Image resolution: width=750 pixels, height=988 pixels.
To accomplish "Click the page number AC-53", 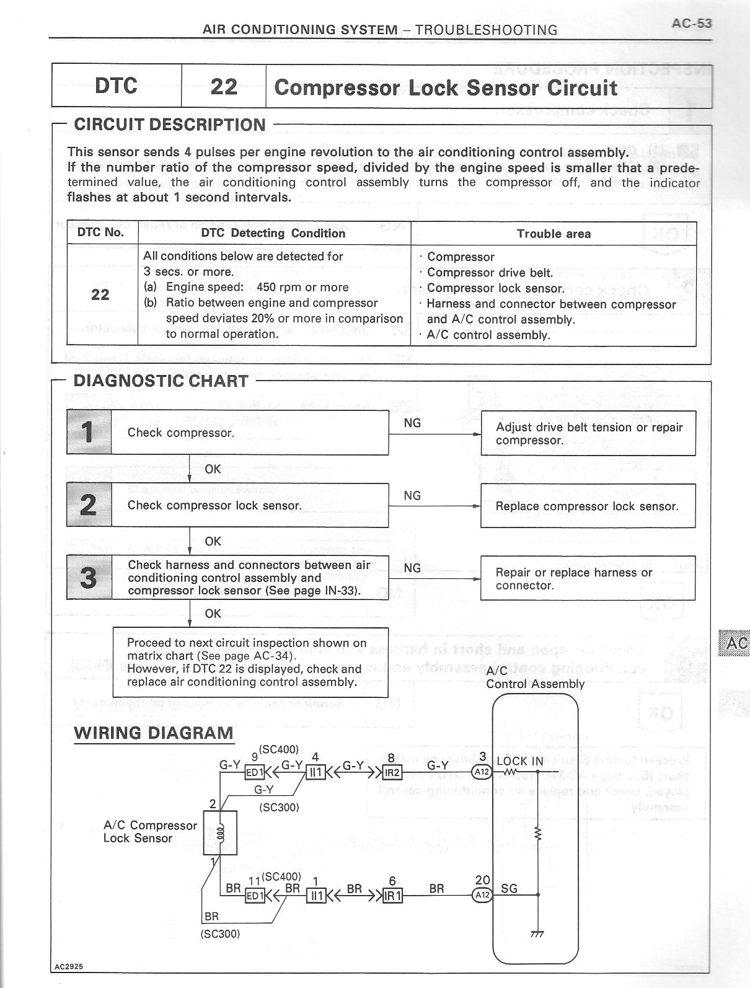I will (x=691, y=24).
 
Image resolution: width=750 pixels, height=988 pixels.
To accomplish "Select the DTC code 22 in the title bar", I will (x=224, y=86).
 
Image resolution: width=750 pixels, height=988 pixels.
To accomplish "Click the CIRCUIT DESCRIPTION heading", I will (x=169, y=125).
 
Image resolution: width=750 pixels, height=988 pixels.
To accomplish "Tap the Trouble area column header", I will (x=554, y=234).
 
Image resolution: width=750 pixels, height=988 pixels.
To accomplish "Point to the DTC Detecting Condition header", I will (x=273, y=233).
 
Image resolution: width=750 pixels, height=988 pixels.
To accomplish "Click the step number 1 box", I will (x=89, y=432).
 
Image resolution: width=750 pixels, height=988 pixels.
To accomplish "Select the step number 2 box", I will (x=89, y=505).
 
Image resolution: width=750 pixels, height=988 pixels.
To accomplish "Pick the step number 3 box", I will (x=89, y=577).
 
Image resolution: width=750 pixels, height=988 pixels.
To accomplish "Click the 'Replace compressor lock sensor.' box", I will (x=588, y=506).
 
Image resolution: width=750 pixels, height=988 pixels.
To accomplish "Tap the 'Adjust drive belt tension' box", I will (x=588, y=433).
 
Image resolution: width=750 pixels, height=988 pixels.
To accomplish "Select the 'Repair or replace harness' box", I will (x=588, y=578).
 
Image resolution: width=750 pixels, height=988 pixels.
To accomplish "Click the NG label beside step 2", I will (x=412, y=495).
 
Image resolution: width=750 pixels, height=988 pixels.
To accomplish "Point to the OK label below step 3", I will (x=213, y=614).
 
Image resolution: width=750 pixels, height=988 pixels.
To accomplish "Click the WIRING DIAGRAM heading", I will (x=154, y=733).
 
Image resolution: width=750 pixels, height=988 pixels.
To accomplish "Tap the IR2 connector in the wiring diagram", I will (x=393, y=772).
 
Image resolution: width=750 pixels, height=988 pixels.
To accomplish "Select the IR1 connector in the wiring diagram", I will (x=393, y=896).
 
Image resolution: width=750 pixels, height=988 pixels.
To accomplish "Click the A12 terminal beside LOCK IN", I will (x=482, y=772).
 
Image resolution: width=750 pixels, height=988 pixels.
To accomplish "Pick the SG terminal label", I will (x=509, y=889).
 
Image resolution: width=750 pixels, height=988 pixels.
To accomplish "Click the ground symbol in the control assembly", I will (x=537, y=934).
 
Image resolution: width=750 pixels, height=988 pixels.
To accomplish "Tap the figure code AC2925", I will (x=68, y=966).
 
